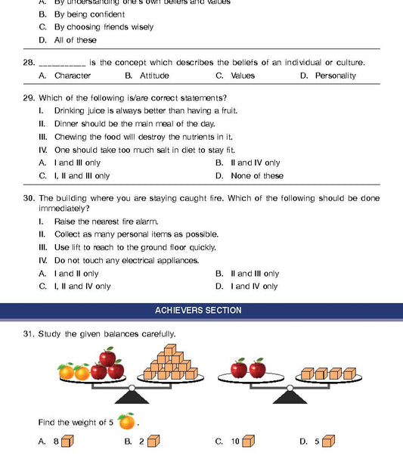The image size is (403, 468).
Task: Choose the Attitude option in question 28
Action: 154,76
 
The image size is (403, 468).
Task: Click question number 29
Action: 29,98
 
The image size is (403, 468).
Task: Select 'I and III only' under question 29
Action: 77,163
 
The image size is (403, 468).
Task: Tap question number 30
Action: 29,198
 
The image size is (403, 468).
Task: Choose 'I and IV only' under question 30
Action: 254,287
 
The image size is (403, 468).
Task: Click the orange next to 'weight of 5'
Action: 126,421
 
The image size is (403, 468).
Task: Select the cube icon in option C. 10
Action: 248,441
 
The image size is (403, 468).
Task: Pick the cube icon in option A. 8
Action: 67,441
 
